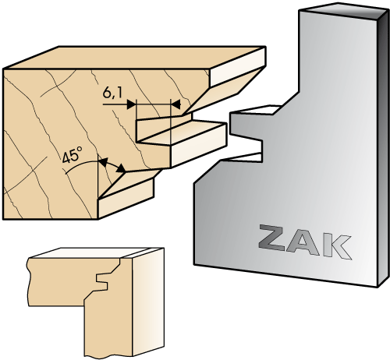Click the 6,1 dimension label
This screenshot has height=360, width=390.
pos(112,93)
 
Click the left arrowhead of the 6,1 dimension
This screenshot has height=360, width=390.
pos(131,104)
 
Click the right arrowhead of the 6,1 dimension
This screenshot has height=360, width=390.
pos(175,104)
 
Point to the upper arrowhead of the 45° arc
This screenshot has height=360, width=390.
pos(103,162)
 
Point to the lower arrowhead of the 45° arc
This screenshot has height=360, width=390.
pos(121,168)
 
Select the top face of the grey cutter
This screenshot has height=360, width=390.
pos(343,10)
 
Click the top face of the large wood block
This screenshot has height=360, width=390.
pos(134,58)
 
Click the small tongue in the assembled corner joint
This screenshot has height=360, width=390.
pos(102,281)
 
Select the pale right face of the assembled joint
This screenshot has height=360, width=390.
pos(148,302)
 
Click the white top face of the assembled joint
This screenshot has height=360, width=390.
pos(96,253)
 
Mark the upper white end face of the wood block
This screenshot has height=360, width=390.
pos(238,66)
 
